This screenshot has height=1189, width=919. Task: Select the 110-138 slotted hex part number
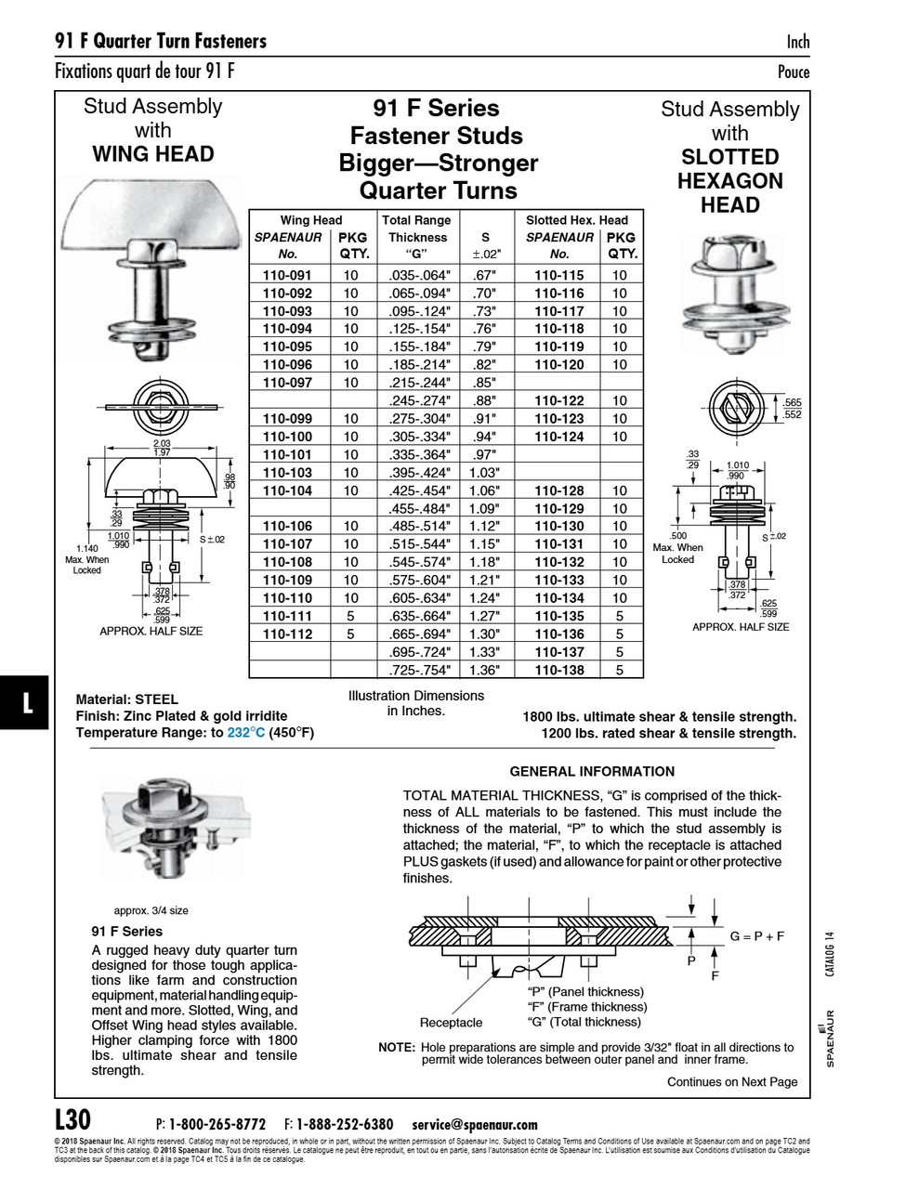(558, 670)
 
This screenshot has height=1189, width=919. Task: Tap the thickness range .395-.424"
(418, 472)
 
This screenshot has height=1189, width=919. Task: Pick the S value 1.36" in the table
(484, 670)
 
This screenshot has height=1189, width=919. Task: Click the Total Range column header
(416, 220)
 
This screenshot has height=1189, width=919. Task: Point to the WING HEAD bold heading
(152, 154)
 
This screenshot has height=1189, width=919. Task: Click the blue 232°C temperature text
(246, 733)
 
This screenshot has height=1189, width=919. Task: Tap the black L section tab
(26, 702)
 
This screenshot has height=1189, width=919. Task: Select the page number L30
(72, 1119)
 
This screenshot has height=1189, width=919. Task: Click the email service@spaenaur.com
(474, 1124)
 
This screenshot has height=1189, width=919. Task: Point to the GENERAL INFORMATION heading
(592, 771)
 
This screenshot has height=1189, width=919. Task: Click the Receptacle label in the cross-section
(451, 1023)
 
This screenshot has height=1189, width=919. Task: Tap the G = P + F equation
(756, 935)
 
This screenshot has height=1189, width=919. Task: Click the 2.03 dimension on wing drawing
(162, 444)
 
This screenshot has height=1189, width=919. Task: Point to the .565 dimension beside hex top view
(792, 403)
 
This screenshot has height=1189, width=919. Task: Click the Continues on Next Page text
(731, 1081)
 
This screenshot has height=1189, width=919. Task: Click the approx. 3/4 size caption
(151, 910)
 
